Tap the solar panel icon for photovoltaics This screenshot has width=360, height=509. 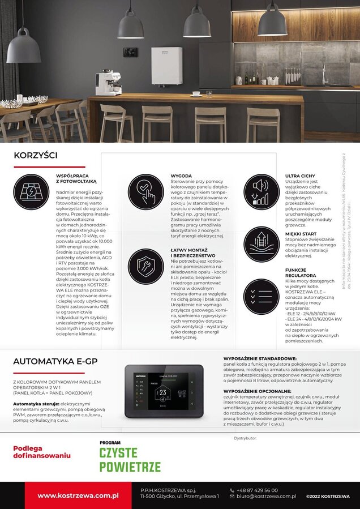[32, 192]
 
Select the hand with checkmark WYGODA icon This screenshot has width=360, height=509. [145, 192]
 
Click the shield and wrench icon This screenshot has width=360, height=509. [145, 267]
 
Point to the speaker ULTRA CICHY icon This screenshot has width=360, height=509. [262, 192]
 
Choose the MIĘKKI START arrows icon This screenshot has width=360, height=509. [262, 245]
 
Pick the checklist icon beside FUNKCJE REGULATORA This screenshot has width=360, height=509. [262, 297]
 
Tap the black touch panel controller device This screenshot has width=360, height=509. [164, 391]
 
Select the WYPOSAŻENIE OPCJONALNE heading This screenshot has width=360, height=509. [258, 391]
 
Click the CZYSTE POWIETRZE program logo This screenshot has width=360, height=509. [130, 458]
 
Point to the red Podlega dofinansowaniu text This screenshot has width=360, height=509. [41, 451]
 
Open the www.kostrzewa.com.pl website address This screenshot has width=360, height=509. [78, 495]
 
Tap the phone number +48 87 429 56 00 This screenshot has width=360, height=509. [258, 490]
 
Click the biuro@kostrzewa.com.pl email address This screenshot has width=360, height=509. [266, 497]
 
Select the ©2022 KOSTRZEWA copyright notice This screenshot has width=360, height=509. [328, 497]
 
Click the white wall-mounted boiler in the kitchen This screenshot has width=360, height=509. [166, 65]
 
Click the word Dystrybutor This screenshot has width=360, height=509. [245, 438]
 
